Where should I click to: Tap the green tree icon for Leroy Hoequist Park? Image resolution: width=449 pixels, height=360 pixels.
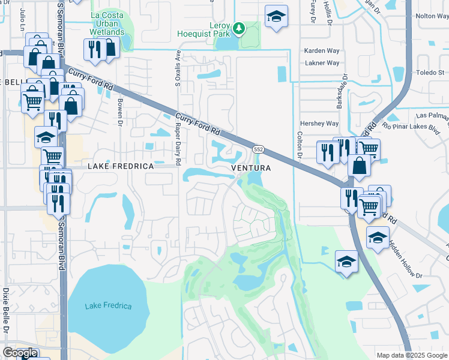pos(239,28)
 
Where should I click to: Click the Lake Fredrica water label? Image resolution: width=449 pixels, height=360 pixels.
pos(108,306)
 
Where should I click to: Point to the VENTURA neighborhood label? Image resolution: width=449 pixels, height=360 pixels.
pos(251,169)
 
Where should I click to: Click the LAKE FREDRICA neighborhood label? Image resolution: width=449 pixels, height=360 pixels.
pos(121,166)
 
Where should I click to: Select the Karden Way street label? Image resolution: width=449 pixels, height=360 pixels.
pos(322,51)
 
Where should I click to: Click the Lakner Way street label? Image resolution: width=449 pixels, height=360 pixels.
pos(322,62)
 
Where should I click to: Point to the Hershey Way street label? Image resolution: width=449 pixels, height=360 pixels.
pos(319,124)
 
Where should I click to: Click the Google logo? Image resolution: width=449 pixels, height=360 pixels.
pos(19,353)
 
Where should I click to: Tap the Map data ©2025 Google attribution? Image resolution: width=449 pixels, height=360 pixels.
pos(411,355)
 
